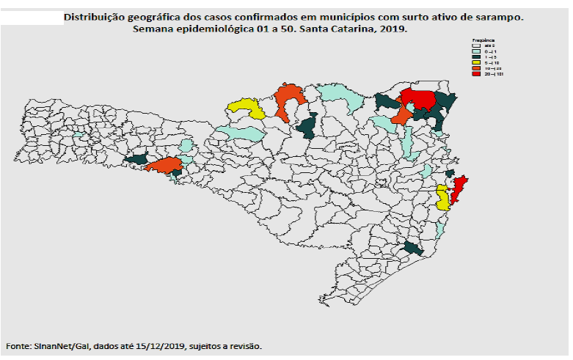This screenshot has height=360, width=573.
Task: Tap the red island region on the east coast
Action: click(461, 189)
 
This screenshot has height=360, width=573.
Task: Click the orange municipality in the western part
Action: click(164, 166)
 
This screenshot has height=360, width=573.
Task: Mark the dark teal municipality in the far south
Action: click(414, 249)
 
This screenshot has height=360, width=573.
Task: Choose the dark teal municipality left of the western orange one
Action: click(136, 159)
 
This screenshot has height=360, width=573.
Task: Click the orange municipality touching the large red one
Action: click(401, 116)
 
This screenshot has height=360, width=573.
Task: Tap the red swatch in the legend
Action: click(476, 75)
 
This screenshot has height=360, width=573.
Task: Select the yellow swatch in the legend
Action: click(476, 63)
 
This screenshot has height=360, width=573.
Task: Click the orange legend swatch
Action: click(476, 69)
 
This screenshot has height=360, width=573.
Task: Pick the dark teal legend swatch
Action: click(476, 57)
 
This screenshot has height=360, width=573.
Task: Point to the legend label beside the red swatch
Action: click(494, 75)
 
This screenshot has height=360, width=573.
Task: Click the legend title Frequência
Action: click(484, 40)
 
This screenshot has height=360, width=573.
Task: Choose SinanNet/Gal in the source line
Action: click(62, 345)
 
